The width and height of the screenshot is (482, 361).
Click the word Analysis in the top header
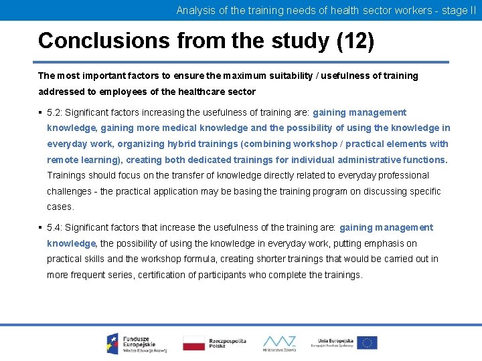195,10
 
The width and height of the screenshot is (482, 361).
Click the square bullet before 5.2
41,112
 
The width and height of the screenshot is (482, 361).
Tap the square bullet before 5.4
41,228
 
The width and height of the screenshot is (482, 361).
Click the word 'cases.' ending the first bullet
60,207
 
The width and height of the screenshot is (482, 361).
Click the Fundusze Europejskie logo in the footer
134,343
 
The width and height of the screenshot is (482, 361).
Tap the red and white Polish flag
193,343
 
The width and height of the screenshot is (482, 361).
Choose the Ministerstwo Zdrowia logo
279,343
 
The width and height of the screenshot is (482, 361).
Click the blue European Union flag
367,343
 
